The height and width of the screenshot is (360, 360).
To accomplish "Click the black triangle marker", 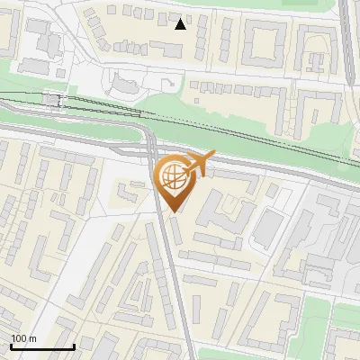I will point(181,23).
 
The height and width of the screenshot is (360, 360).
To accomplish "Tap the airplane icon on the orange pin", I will point(199,163).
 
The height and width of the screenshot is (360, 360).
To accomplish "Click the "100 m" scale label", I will point(23,338).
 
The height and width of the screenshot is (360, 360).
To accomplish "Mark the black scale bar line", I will point(42,346).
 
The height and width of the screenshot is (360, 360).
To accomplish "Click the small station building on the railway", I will point(50,100).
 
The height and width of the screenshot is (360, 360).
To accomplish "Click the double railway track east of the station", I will point(225,126).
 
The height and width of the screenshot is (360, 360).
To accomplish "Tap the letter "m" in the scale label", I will point(32,338).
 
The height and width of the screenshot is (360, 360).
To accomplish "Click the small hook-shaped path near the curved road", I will point(167,86).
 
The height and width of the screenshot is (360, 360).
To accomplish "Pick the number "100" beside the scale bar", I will point(19,338).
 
